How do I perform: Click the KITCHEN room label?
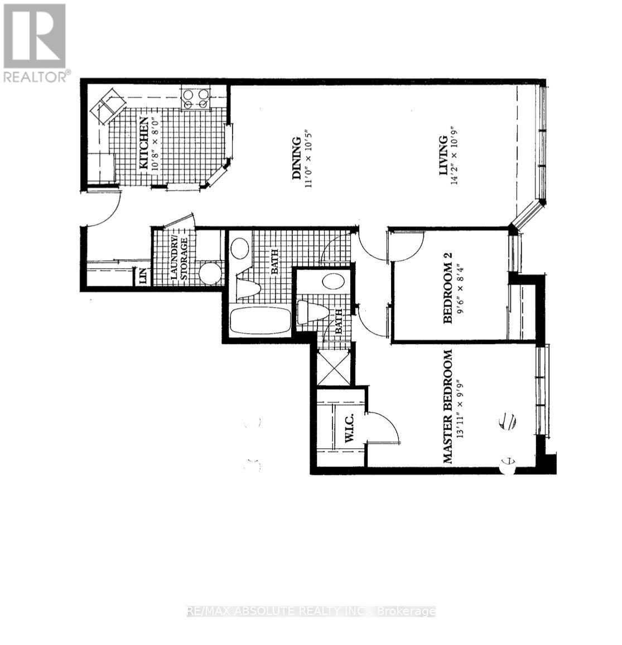[x=144, y=143]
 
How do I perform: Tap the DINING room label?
[x=297, y=159]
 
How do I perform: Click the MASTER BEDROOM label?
[x=449, y=407]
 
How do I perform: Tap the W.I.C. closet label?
[x=350, y=431]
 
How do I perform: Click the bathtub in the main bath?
[x=260, y=322]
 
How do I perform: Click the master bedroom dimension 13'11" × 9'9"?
[x=460, y=407]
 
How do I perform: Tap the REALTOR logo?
[x=35, y=43]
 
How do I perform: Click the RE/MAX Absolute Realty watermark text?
[x=311, y=611]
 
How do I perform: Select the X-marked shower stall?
[x=334, y=367]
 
